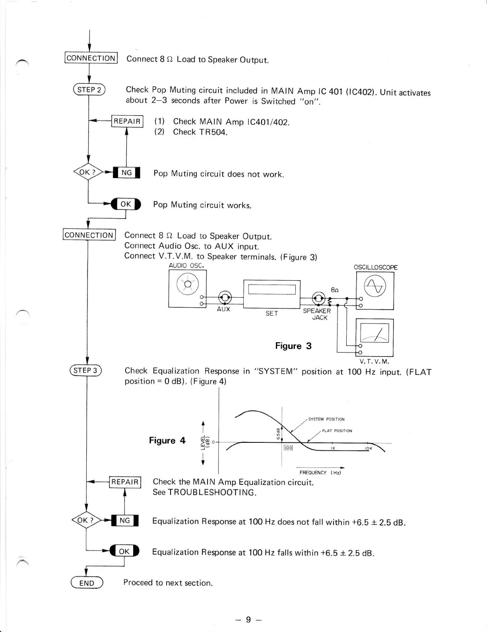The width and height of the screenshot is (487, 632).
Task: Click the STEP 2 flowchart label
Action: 89,90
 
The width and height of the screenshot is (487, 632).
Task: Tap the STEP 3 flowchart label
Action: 86,370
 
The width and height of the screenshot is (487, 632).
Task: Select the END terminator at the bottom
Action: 87,583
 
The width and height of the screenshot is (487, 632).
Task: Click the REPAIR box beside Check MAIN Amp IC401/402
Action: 127,121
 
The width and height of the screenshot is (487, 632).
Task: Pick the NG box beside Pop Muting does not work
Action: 126,173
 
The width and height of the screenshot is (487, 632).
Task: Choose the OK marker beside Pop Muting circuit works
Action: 126,204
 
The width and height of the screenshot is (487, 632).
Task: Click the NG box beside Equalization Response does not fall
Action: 125,520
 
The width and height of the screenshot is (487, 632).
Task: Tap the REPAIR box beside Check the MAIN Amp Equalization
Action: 125,482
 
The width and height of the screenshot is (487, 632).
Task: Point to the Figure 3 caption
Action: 293,346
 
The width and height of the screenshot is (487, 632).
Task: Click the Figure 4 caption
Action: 167,440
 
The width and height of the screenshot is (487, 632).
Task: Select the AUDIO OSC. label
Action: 186,266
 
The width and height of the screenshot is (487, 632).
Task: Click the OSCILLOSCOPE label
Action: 375,267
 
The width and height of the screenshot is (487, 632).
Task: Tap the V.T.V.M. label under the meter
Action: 374,362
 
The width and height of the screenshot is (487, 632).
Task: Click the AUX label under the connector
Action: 223,309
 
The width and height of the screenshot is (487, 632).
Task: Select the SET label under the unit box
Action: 272,313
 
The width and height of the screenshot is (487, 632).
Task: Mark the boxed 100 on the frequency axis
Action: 288,448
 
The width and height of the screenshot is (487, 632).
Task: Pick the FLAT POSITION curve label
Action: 337,430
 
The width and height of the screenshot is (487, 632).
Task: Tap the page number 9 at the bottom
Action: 248,620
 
